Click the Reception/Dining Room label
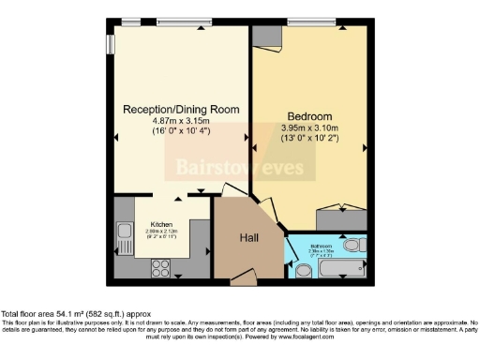click(181, 109)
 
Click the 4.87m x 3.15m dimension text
click(181, 121)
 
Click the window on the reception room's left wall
click(111, 43)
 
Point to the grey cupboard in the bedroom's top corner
click(267, 35)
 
